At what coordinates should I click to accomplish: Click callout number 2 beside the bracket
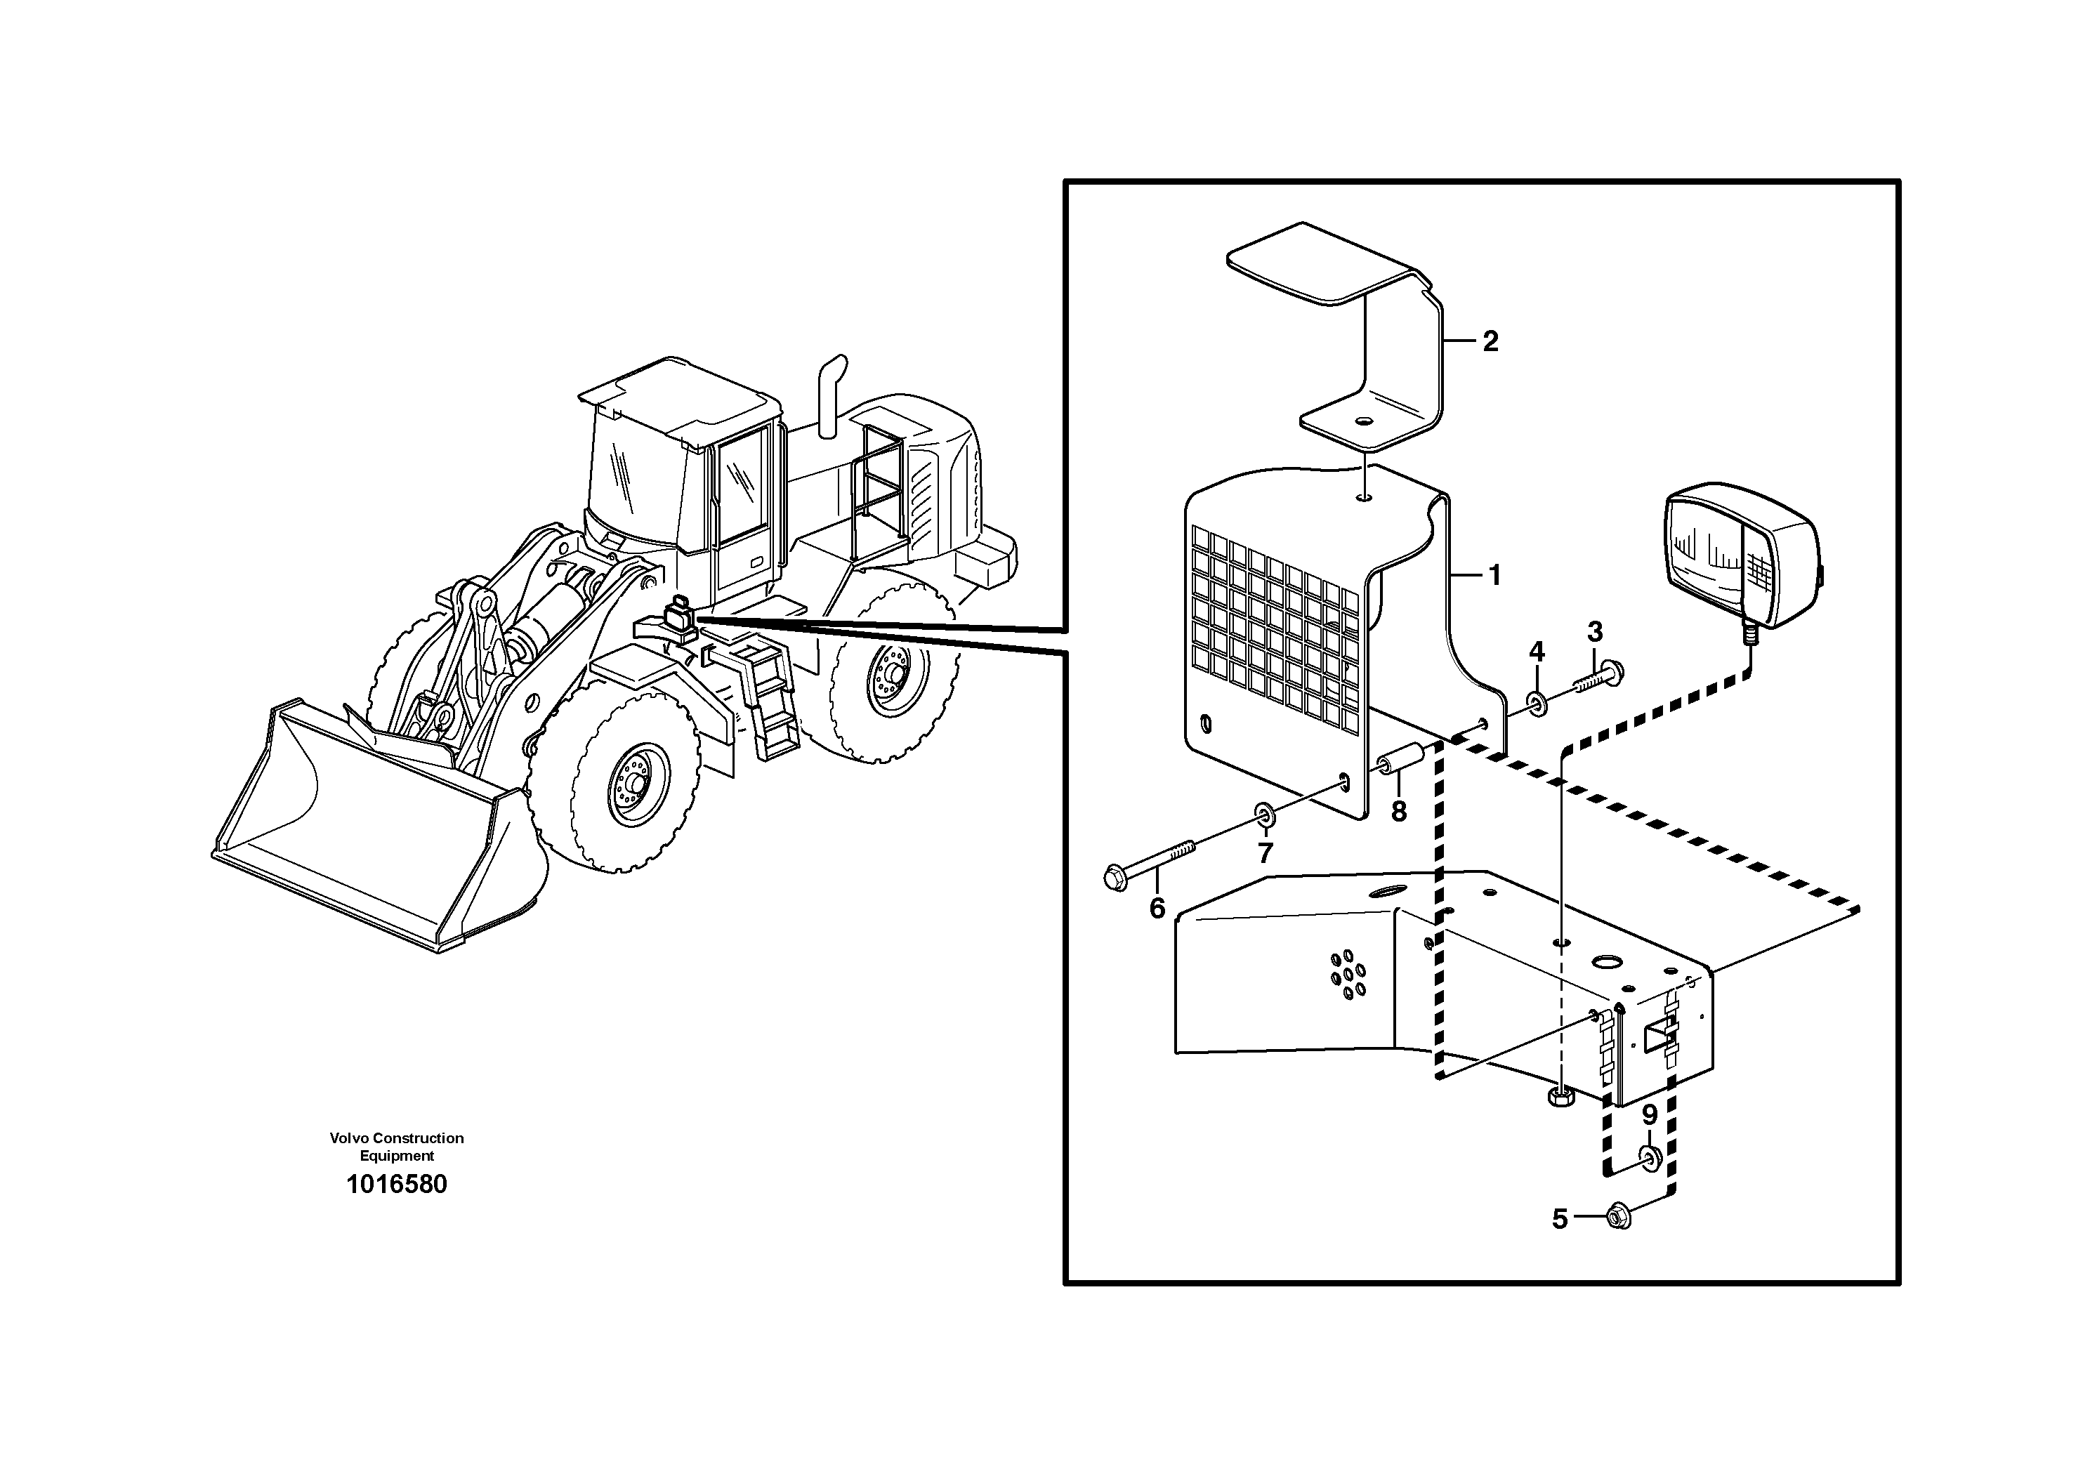tap(1490, 341)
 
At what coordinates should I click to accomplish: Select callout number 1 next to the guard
tap(1494, 575)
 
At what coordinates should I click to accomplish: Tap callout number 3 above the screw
tap(1594, 631)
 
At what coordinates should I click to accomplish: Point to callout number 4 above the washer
tap(1537, 652)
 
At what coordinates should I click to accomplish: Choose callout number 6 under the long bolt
tap(1157, 908)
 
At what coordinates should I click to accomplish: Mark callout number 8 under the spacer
tap(1399, 811)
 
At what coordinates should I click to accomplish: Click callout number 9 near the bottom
tap(1650, 1115)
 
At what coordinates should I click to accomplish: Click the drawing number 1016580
tap(397, 1185)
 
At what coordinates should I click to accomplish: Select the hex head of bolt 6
tap(1116, 879)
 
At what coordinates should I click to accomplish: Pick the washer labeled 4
tap(1537, 704)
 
